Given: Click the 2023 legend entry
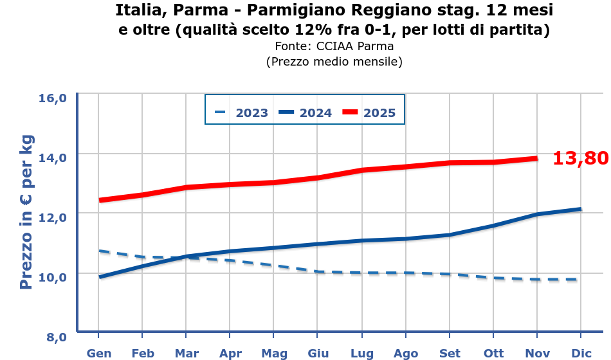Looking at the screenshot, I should pyautogui.click(x=242, y=113).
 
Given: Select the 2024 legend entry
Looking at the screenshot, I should pyautogui.click(x=305, y=113).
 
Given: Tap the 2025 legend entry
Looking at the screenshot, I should pyautogui.click(x=369, y=113).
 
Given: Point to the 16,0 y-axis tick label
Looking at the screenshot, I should pyautogui.click(x=53, y=98).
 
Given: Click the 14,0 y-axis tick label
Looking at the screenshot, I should pyautogui.click(x=53, y=157).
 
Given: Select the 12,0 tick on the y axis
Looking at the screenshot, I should pyautogui.click(x=53, y=217).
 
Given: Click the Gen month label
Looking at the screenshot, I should pyautogui.click(x=99, y=353).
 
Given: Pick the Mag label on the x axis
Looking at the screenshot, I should pyautogui.click(x=274, y=353).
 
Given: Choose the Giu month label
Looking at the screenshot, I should pyautogui.click(x=318, y=353).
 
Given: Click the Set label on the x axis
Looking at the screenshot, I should pyautogui.click(x=450, y=353).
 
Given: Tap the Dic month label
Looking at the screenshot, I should pyautogui.click(x=581, y=353).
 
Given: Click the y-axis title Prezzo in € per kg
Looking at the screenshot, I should pyautogui.click(x=26, y=213).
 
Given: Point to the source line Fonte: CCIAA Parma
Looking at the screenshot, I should pyautogui.click(x=334, y=46).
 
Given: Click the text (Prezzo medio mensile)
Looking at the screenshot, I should pyautogui.click(x=334, y=62).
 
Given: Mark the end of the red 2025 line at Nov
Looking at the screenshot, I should pyautogui.click(x=536, y=158).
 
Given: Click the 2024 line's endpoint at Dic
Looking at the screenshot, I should pyautogui.click(x=581, y=209).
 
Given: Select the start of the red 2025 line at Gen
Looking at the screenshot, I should pyautogui.click(x=99, y=200).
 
